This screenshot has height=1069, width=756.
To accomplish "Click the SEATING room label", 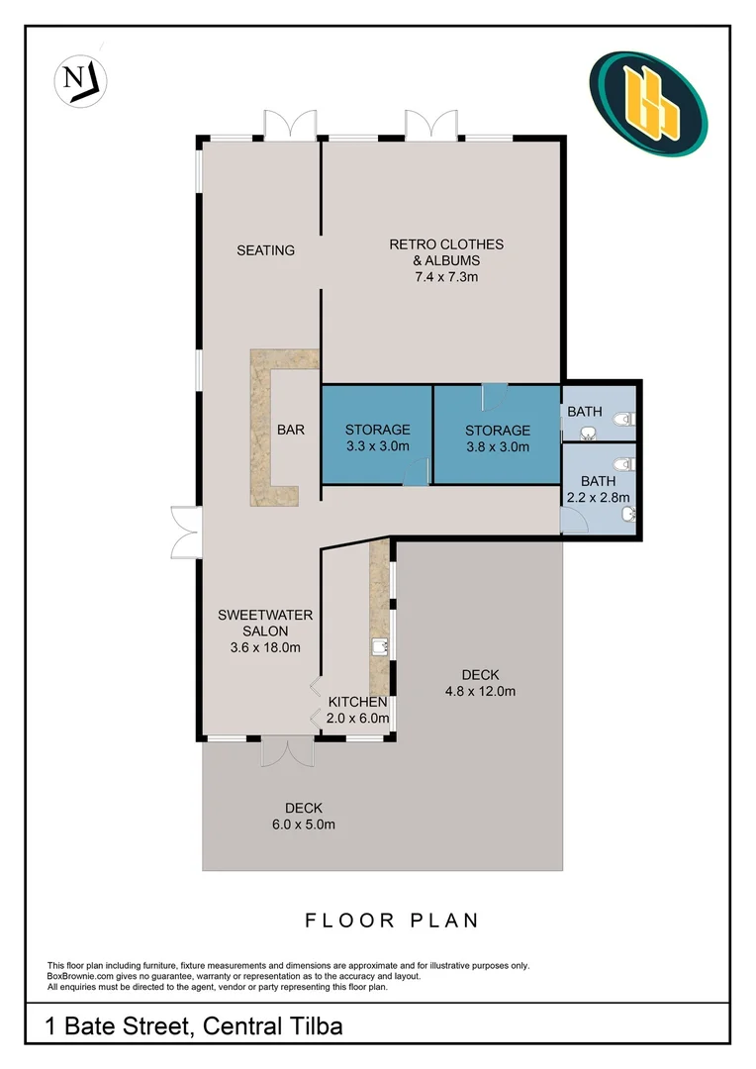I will click(265, 250).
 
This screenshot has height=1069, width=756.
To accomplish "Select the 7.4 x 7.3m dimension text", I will click(445, 277).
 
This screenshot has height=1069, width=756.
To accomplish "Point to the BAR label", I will click(291, 430).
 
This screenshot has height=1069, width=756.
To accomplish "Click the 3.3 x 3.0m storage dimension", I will click(377, 446).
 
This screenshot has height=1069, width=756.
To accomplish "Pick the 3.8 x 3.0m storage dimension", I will click(498, 446).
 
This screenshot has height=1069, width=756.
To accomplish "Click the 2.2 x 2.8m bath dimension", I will click(598, 498).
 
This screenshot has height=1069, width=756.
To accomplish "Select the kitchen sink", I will click(379, 647).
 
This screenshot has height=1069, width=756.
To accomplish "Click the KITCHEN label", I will click(357, 702).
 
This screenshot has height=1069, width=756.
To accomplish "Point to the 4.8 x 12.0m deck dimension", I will click(480, 691).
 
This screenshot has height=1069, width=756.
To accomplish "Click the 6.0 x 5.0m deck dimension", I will click(304, 825).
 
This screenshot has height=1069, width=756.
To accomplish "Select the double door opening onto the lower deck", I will click(287, 750).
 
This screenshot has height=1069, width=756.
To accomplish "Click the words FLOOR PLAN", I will click(392, 921).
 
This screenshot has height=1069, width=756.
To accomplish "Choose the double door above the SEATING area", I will click(291, 124).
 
